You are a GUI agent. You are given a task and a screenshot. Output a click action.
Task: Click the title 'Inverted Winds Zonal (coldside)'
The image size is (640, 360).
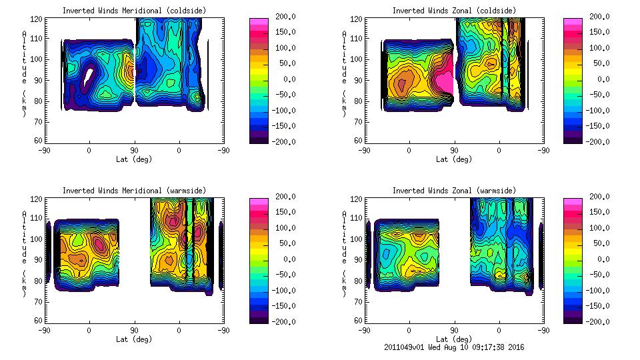454,10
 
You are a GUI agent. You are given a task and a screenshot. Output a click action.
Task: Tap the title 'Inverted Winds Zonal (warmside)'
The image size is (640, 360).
454,191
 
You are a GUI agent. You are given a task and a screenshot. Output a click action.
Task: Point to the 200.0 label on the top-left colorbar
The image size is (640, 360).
282,17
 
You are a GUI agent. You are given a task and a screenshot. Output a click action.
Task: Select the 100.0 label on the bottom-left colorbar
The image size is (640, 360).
282,228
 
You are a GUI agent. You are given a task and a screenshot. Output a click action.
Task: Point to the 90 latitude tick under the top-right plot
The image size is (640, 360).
454,150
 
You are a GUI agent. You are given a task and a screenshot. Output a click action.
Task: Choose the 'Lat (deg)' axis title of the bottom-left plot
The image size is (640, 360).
133,339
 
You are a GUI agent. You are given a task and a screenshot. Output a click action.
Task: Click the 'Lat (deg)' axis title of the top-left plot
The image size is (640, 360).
133,159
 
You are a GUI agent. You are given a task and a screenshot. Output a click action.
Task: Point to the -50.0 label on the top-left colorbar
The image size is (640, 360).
282,95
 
